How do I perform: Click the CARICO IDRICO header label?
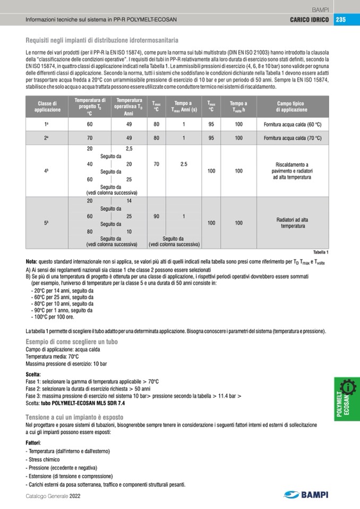[309, 20]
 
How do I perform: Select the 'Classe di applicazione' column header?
[48, 106]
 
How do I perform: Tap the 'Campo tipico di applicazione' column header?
[292, 106]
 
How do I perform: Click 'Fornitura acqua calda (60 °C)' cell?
[293, 124]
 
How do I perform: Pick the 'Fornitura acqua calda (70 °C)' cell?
[293, 138]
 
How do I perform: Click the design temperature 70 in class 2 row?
[90, 138]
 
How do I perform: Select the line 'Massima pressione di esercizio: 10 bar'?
[66, 364]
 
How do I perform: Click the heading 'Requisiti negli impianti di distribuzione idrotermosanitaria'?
[101, 40]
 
